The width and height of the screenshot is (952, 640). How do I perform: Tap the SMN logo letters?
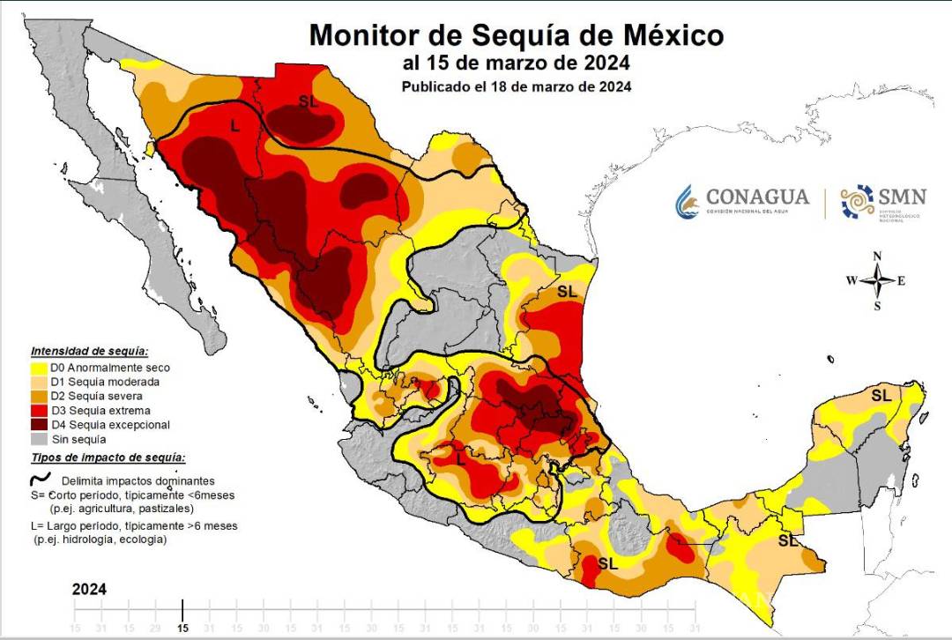point(901,195)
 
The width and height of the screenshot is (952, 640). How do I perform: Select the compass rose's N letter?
point(877,256)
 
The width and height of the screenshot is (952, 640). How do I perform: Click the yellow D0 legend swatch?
point(39,368)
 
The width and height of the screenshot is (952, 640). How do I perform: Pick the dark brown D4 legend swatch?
point(39,425)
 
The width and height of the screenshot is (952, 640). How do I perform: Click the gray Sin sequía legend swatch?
point(39,439)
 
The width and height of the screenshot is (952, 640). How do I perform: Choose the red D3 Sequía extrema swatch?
point(39,411)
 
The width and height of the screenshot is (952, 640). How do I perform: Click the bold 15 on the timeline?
point(182,628)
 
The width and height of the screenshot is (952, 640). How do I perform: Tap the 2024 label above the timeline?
point(90,589)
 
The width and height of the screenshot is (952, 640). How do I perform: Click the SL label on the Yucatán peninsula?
point(881,396)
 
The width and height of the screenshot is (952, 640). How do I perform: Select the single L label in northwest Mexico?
point(234,126)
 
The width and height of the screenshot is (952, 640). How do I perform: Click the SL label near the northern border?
point(308,102)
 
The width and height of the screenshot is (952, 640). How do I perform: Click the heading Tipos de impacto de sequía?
point(108,458)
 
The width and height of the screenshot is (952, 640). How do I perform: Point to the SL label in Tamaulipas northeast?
point(566,290)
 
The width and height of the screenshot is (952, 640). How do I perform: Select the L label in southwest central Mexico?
point(460,458)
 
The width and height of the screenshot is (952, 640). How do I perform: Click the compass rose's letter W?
point(852,281)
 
